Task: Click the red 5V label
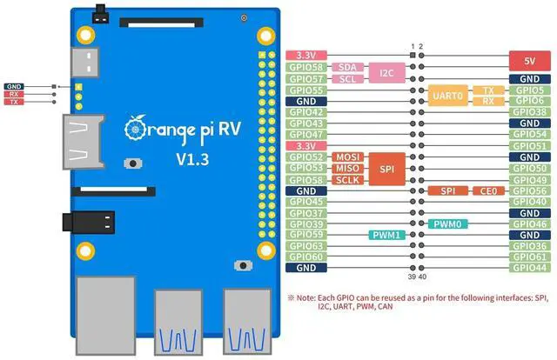530,61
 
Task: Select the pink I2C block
386,73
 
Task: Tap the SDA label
347,67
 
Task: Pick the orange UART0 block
447,96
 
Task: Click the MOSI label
348,157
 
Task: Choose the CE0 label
488,191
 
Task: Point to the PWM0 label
447,224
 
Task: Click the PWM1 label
386,235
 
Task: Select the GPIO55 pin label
306,90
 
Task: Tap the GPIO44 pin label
530,268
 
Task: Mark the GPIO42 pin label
306,112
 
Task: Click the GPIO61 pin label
530,257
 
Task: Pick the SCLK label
348,180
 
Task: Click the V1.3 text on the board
192,160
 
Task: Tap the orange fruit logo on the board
136,128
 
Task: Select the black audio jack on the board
89,223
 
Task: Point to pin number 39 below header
412,277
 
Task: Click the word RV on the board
230,129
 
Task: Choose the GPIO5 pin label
530,90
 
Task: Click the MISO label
348,169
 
